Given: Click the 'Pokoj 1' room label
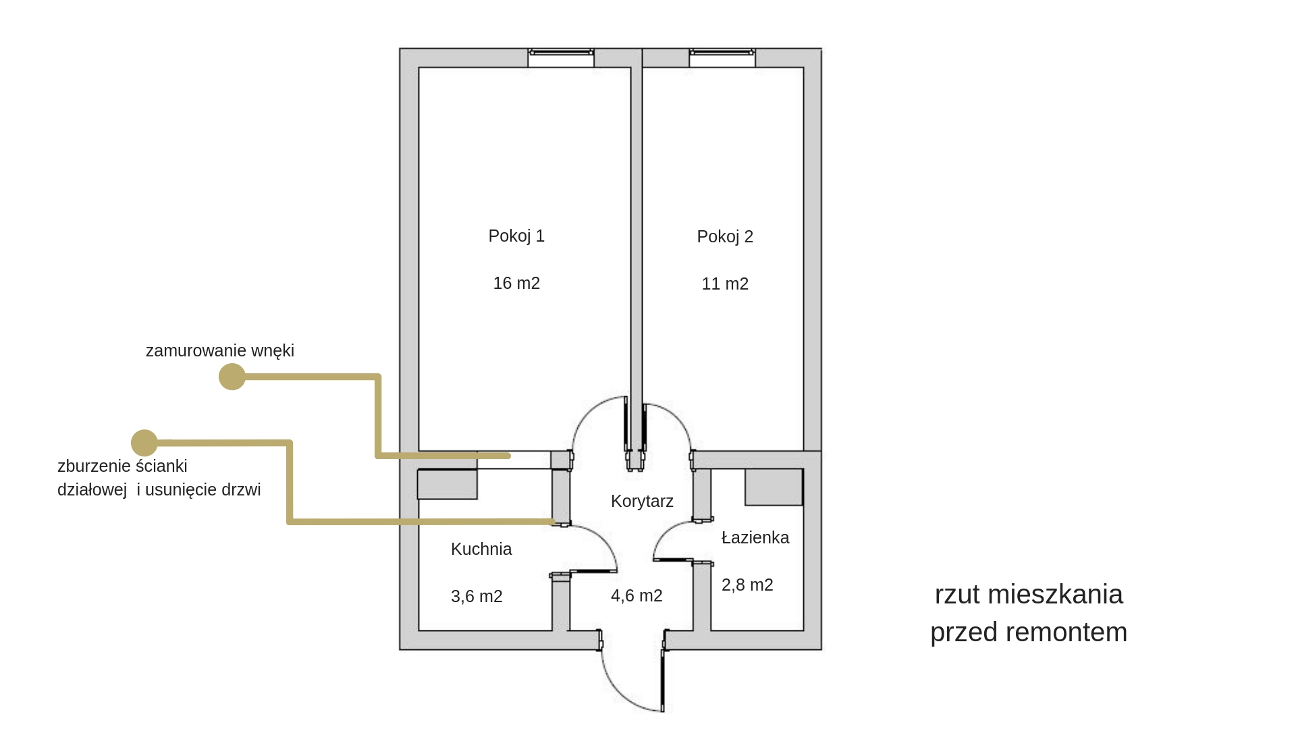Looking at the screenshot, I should [516, 236].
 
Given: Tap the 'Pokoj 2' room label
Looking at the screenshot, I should [725, 237].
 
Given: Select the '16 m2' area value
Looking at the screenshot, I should [516, 283].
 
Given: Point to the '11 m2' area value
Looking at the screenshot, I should [725, 284].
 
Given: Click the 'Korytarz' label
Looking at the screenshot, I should [642, 502].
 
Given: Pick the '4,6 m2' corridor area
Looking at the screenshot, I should [637, 596].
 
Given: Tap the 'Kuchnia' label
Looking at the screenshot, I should [481, 549].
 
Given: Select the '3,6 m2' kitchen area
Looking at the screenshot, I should [477, 597].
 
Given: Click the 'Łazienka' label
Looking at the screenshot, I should [755, 538].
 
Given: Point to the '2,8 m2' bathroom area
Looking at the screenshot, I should [747, 585].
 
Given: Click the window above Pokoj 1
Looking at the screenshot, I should [561, 54].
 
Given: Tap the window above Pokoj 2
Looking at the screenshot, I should [722, 54].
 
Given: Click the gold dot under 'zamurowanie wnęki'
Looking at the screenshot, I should [232, 377].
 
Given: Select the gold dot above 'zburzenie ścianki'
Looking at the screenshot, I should [144, 443].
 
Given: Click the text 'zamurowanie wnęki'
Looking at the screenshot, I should [220, 351].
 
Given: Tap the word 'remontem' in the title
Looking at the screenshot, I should [1066, 632].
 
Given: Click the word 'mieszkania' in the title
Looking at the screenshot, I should [1055, 595].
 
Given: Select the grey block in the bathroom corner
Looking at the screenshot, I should [774, 487].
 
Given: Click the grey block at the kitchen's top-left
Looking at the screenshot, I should [447, 484].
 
